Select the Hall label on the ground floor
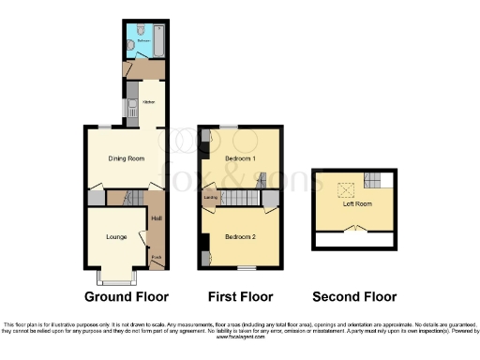click(x=155, y=220)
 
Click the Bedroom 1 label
click(x=241, y=159)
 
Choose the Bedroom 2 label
click(x=240, y=236)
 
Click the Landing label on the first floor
click(x=212, y=198)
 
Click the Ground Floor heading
click(x=127, y=296)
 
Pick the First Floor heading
click(x=240, y=296)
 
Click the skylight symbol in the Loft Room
click(x=344, y=187)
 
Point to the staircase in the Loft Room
click(x=374, y=181)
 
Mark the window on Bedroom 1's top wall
click(x=228, y=127)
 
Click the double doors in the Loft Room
click(x=356, y=228)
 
